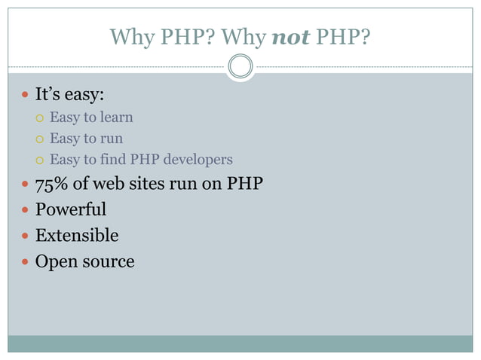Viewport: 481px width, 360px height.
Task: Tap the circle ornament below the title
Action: pos(240,66)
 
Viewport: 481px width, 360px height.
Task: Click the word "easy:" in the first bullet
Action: pos(83,96)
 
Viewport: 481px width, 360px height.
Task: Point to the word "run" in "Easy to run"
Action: pos(112,139)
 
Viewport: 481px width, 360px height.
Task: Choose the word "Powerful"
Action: pos(71,209)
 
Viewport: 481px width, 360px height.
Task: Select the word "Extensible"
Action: pos(77,236)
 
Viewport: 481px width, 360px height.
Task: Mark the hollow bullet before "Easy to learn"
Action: pos(41,118)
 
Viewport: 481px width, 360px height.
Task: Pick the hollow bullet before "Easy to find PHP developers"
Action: pos(41,160)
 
